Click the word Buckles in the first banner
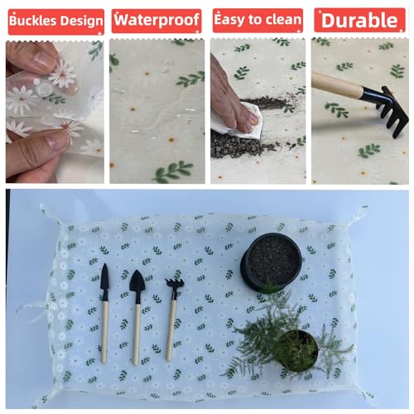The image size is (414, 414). [33, 21]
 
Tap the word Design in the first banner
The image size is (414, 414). [81, 22]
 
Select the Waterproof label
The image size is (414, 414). [156, 20]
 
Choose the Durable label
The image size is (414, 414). [359, 20]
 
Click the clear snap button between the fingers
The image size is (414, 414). [44, 89]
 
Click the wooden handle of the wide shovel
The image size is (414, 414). [137, 335]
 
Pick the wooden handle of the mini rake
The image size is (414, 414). [171, 330]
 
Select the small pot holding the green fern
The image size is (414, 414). [297, 351]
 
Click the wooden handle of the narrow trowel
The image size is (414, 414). [104, 332]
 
